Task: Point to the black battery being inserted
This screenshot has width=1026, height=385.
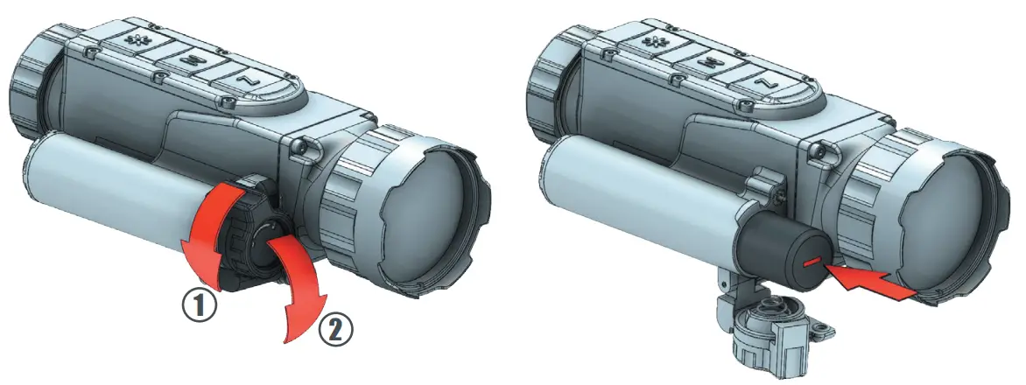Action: (x=771, y=248)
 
